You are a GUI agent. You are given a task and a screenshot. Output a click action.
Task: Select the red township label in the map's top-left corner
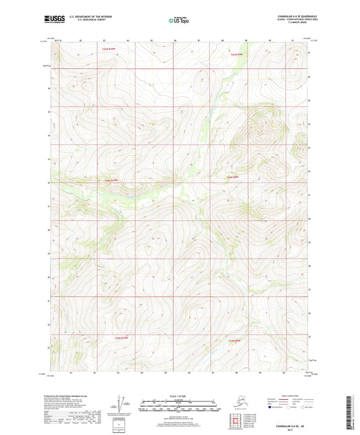point(99,49)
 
